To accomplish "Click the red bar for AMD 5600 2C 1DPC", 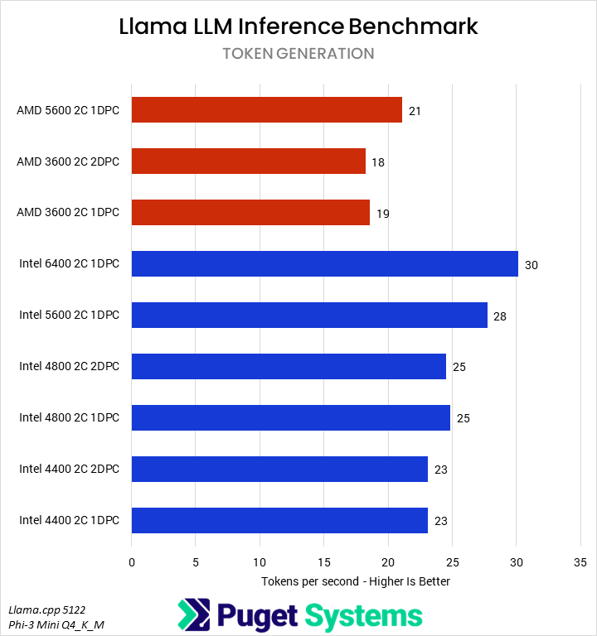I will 266,110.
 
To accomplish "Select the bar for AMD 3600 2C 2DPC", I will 248,161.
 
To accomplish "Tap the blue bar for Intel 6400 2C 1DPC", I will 324,264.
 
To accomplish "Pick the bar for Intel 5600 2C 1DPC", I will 309,316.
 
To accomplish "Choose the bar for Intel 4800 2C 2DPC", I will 289,366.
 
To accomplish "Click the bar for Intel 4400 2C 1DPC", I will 279,520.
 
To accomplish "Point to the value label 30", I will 531,265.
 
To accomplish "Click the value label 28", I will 499,316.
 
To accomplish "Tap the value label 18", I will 377,162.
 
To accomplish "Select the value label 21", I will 415,111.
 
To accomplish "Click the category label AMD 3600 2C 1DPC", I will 68,213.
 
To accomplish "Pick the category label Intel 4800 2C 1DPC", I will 69,417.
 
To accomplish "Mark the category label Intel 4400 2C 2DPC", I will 69,469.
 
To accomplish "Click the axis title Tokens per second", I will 356,581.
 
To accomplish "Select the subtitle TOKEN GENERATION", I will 298,54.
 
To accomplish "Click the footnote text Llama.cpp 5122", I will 46,609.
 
